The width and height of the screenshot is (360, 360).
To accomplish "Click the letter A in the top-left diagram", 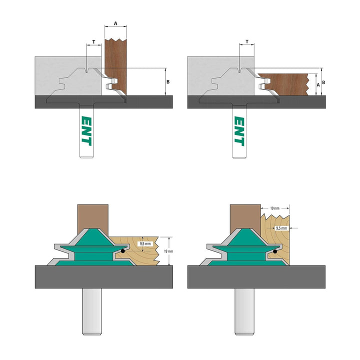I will tap(115, 23).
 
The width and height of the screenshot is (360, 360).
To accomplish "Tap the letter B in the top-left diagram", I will tap(168, 81).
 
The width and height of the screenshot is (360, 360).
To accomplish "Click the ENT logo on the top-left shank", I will tap(86, 131).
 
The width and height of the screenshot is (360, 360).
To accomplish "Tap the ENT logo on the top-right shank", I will tap(239, 131).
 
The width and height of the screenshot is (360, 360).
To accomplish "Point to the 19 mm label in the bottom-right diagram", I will tap(273, 206).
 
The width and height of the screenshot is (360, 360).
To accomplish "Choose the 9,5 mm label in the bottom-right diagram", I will tap(281, 228).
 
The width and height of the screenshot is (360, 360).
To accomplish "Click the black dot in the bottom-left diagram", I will tap(122, 251).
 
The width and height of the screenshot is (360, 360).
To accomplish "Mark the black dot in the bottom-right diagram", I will tap(275, 251).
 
